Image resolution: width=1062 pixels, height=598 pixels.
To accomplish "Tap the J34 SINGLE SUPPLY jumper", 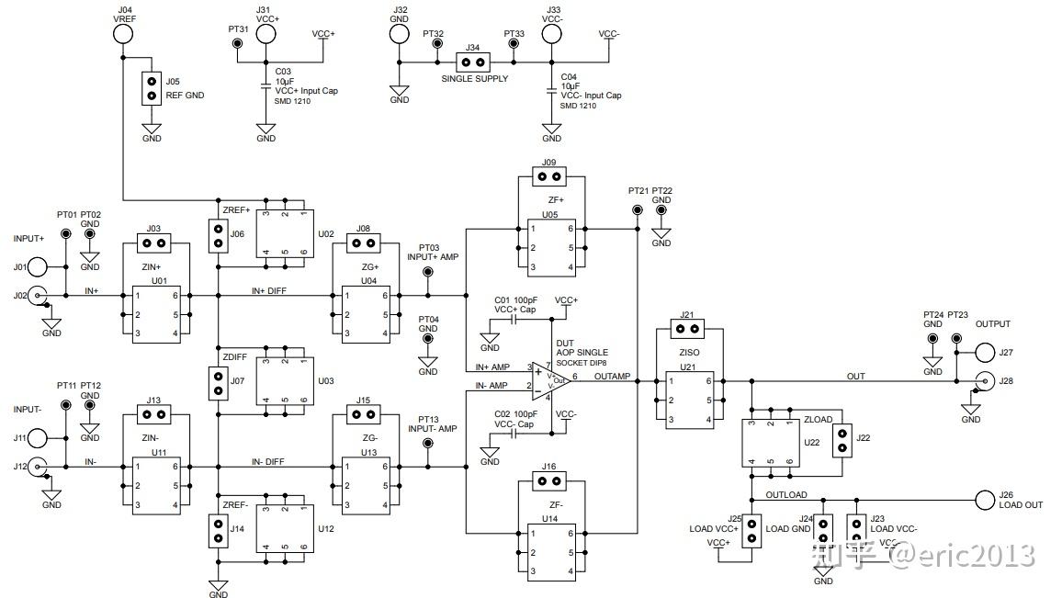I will coord(473,63).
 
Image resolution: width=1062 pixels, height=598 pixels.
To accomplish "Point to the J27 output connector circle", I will coord(984,353).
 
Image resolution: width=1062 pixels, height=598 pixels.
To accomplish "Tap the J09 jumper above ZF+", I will coord(548,175).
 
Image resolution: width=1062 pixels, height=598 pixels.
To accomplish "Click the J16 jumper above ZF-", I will coord(548,480).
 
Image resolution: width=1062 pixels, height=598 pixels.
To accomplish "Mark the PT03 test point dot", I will coord(427,274).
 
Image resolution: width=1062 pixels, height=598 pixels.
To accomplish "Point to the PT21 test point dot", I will coord(637,210).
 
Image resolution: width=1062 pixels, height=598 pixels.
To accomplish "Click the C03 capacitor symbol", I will coord(266,87).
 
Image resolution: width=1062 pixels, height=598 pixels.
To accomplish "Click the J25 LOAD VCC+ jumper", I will coord(751,530).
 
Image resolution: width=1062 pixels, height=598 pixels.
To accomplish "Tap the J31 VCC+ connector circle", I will coord(266,34).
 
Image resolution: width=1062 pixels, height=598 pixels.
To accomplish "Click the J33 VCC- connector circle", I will coord(551,34).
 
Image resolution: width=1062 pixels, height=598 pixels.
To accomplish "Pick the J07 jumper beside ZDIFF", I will coord(219,384).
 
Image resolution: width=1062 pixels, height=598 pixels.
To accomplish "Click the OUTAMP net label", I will coord(612,377).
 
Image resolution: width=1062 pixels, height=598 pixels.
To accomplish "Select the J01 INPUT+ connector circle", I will coord(38,267).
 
